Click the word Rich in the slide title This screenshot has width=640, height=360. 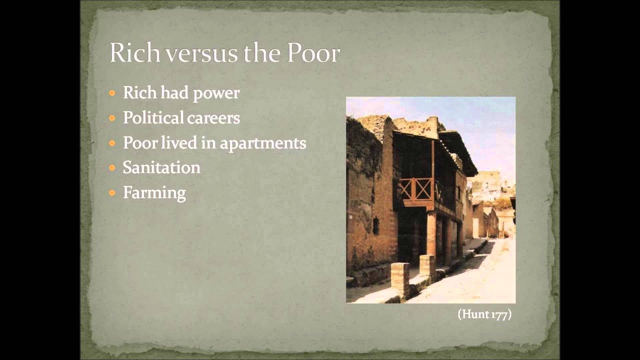click(x=134, y=53)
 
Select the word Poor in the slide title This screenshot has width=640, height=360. click(x=313, y=53)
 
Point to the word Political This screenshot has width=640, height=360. click(x=153, y=118)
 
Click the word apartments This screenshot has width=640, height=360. click(x=263, y=143)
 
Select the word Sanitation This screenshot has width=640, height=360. click(x=161, y=167)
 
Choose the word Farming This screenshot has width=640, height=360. click(x=154, y=193)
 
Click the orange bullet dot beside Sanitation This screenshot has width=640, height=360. click(x=112, y=168)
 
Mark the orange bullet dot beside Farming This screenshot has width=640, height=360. click(x=112, y=192)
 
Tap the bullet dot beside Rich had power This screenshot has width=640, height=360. click(x=112, y=93)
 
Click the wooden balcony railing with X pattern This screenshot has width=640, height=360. click(x=416, y=189)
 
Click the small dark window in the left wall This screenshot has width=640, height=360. click(x=375, y=225)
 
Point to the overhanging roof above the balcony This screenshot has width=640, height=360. click(x=457, y=150)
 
